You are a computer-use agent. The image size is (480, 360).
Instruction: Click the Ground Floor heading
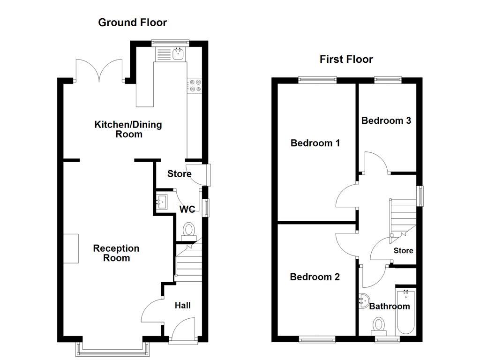(x=132, y=22)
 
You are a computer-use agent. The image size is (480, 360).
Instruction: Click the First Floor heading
(x=346, y=60)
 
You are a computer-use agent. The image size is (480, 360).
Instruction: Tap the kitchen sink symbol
(x=178, y=54)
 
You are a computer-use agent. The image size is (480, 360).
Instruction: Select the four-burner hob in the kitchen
(x=194, y=85)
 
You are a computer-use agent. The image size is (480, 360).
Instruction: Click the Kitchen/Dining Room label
(x=128, y=129)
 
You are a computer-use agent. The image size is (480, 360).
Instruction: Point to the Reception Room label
(x=116, y=253)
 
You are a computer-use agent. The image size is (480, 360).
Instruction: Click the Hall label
(x=182, y=306)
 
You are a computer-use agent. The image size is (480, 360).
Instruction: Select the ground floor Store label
(x=179, y=174)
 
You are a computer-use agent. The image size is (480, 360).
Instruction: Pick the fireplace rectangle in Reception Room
(x=71, y=248)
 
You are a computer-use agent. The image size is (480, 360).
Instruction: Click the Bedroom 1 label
(x=315, y=143)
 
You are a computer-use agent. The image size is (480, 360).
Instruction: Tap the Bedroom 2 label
(x=315, y=277)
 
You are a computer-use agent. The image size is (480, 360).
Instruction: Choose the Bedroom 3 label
(x=386, y=120)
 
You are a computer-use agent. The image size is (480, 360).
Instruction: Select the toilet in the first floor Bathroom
(x=379, y=325)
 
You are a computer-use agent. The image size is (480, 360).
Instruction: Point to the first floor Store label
(x=403, y=251)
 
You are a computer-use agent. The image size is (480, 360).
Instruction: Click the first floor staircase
(x=403, y=216)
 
